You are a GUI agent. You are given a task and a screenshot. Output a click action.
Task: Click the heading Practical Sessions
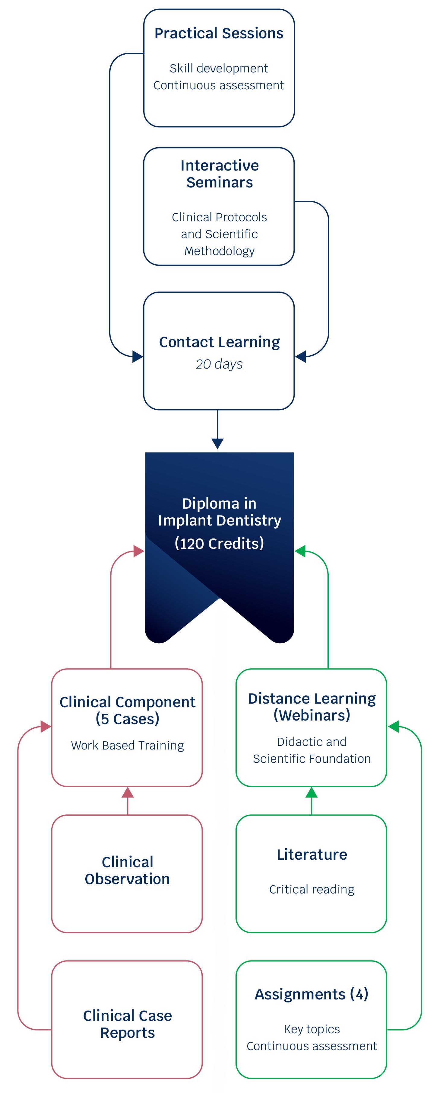[219, 33]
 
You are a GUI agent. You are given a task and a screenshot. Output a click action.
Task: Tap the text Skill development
[219, 68]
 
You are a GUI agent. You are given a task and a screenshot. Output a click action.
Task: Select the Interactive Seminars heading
[219, 174]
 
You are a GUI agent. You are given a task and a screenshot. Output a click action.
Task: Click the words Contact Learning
[219, 342]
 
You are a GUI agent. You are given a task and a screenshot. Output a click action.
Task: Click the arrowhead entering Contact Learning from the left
[137, 357]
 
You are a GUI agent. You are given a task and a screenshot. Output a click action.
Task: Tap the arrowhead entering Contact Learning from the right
[301, 357]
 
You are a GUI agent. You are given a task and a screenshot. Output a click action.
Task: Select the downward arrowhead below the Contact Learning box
[217, 443]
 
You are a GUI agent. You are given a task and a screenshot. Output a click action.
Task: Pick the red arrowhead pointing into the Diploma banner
[139, 551]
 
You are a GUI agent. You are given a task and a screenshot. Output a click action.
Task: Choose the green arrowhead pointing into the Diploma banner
[300, 551]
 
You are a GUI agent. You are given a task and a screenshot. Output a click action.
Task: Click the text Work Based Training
[127, 746]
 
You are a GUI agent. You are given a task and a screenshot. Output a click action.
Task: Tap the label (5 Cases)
[127, 719]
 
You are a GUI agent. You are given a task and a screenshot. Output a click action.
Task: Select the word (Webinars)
[312, 715]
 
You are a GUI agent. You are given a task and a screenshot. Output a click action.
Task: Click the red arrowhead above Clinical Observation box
[128, 792]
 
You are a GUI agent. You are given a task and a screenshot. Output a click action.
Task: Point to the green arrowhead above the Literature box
[312, 792]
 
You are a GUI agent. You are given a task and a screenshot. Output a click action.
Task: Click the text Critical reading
[312, 889]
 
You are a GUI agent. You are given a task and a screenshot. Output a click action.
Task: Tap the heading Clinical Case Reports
[127, 1024]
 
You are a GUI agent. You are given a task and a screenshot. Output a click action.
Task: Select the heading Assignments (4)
[312, 994]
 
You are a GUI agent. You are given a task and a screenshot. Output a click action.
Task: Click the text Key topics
[312, 1029]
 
